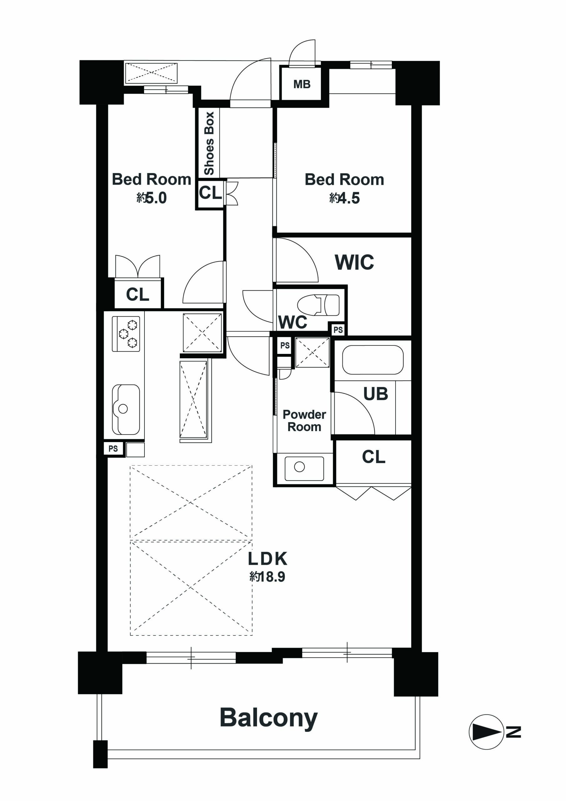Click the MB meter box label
tap(302, 84)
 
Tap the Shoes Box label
tap(209, 143)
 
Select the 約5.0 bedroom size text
tap(151, 198)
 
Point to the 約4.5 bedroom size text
tap(344, 198)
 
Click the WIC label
tap(354, 262)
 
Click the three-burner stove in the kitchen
tap(126, 334)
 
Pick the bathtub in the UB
tap(373, 360)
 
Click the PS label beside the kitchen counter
tap(113, 449)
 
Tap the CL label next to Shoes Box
tap(210, 192)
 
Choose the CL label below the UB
tap(373, 457)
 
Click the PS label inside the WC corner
tap(338, 330)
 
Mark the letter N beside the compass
tap(513, 732)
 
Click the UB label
tap(376, 394)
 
